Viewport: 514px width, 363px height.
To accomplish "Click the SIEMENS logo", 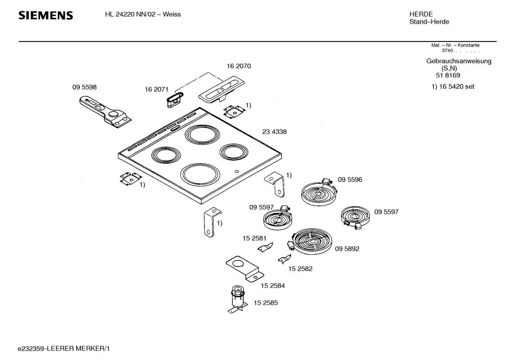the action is coord(46,15).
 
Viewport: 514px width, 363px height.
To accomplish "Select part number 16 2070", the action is coord(239,66).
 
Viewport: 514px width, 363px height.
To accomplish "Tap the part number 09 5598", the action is coord(84,87).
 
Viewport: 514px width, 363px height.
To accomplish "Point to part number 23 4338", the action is coord(274,132).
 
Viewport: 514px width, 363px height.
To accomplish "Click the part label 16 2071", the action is coord(156,89).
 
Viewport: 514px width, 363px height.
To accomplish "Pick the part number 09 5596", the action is coord(350,180).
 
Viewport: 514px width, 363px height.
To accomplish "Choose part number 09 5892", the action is coord(347,249).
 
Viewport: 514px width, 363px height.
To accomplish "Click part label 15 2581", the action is coord(255,238).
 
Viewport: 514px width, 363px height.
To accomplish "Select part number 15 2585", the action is coord(266,303).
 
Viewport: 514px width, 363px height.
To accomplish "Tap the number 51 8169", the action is coord(448,75).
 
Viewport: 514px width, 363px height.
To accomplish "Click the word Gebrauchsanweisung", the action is coord(459,61).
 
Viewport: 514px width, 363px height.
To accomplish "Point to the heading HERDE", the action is coord(421,14).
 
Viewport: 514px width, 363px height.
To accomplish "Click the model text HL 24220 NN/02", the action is coord(130,14).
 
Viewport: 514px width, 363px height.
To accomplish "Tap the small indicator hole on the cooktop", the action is coord(237,171).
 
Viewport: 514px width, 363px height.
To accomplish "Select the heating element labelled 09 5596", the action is coord(319,193).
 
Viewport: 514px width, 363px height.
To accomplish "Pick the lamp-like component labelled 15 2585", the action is coord(238,299).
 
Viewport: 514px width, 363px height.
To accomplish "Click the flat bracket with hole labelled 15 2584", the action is coord(245,269).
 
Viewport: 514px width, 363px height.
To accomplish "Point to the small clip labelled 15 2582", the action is coord(284,259).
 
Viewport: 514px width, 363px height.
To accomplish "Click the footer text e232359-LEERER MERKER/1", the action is coord(64,349).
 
